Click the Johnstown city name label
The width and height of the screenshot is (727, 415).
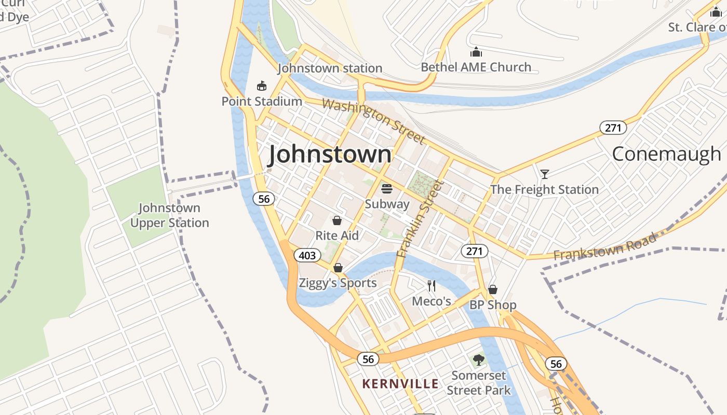click(x=330, y=155)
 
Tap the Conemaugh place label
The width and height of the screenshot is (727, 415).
click(x=666, y=154)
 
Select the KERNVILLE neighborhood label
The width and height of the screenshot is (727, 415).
click(x=400, y=384)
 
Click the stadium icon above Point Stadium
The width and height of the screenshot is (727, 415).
click(x=262, y=86)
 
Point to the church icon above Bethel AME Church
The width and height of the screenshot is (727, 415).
click(x=476, y=52)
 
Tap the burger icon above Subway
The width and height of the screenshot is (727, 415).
click(x=387, y=188)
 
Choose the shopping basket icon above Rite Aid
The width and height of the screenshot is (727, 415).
click(x=337, y=220)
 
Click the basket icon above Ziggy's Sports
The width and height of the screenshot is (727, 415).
click(x=338, y=268)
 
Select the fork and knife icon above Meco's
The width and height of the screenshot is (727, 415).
click(x=431, y=285)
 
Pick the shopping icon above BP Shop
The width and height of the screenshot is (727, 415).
click(x=493, y=289)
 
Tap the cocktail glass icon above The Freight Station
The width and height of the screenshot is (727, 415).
click(x=544, y=174)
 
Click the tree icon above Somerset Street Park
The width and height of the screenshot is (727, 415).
click(x=479, y=359)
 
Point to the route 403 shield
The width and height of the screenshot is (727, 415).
click(x=307, y=255)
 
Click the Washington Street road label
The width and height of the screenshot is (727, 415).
click(x=373, y=121)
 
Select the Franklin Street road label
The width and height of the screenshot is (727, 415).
click(x=421, y=218)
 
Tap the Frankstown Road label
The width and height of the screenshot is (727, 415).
click(x=604, y=247)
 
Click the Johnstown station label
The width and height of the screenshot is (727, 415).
click(x=330, y=68)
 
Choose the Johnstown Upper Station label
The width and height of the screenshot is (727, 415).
click(x=169, y=215)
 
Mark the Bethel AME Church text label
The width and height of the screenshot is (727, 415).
click(x=476, y=67)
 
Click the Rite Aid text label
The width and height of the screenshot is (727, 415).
click(x=337, y=236)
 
